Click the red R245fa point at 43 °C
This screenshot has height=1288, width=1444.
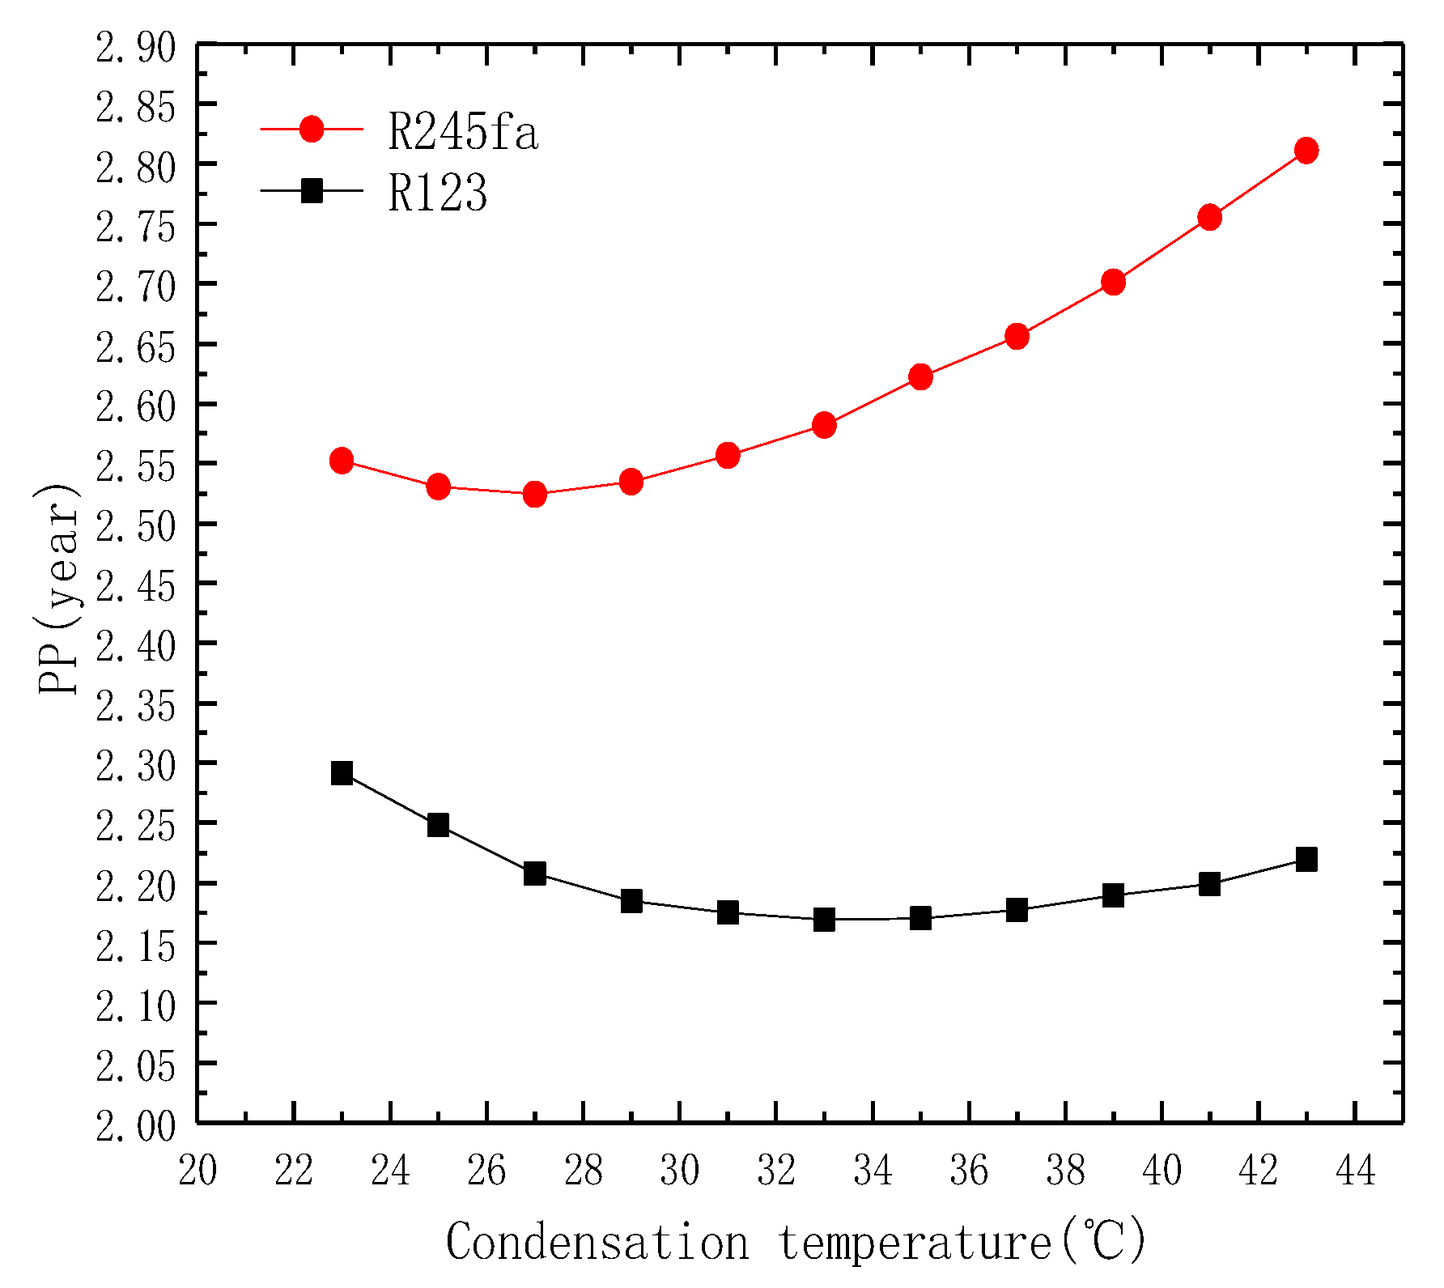coord(1306,151)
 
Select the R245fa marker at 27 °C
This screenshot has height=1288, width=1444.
coord(534,494)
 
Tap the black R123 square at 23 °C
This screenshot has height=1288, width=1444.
coord(342,773)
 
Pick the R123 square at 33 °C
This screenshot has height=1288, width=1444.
coord(824,920)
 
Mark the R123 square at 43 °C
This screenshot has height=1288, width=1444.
coord(1306,859)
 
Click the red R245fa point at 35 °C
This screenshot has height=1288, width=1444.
coord(920,376)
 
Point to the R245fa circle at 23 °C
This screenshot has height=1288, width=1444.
coord(342,461)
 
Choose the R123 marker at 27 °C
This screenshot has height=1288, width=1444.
coord(534,874)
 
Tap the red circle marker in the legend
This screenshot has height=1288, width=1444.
coord(312,129)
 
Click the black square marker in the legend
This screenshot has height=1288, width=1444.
coord(312,191)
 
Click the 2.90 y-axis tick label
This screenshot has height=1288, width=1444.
coord(135,48)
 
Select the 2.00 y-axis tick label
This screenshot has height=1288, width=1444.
coord(135,1126)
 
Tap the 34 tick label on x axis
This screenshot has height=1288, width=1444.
coord(872,1171)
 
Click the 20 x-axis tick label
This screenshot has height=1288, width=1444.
coord(197,1171)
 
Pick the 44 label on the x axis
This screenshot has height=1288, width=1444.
coord(1355,1171)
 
